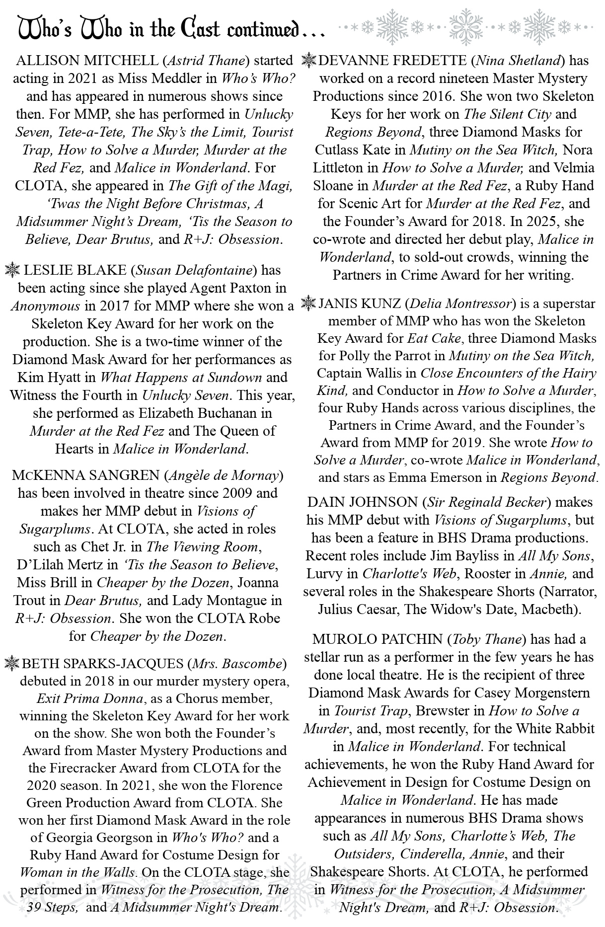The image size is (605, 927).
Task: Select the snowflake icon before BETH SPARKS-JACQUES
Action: coord(11,663)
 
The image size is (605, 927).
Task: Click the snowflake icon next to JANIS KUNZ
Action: coord(308,303)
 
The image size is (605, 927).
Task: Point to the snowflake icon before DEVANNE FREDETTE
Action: coord(308,61)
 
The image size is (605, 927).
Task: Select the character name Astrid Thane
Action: coord(207,61)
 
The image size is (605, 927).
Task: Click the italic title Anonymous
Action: coord(46,306)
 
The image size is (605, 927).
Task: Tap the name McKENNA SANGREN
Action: coord(85,475)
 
